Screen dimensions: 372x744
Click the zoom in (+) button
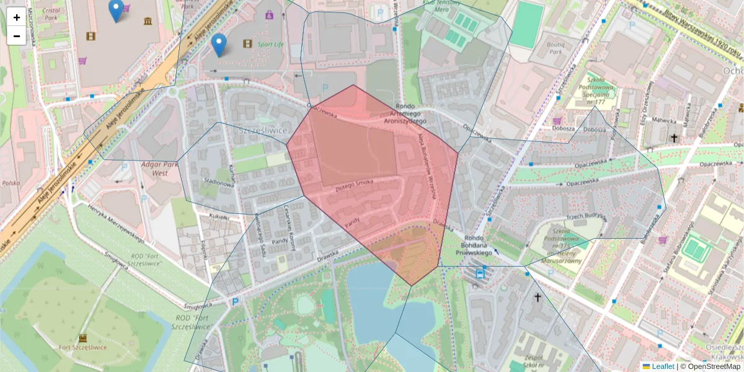click(x=17, y=17)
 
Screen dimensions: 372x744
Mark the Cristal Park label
click(x=46, y=14)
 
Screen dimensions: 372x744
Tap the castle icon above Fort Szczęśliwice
click(x=82, y=338)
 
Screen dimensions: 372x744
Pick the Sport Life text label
click(x=270, y=45)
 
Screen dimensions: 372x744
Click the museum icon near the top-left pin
click(x=148, y=22)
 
